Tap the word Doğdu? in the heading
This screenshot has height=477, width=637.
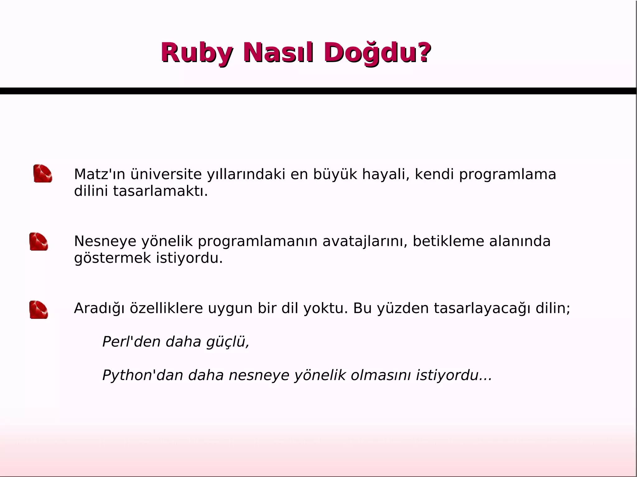point(377,53)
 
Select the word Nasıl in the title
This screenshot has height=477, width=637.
point(277,53)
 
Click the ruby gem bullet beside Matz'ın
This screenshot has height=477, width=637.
point(43,173)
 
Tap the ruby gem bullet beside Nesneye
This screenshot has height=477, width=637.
point(39,241)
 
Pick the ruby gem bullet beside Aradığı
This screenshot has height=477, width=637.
point(39,310)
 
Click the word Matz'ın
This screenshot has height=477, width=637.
point(100,174)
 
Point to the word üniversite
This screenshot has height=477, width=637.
point(166,174)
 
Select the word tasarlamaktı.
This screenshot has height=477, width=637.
point(160,191)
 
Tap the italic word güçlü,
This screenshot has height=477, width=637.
point(228,342)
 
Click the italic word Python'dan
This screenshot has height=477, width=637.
point(143,375)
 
